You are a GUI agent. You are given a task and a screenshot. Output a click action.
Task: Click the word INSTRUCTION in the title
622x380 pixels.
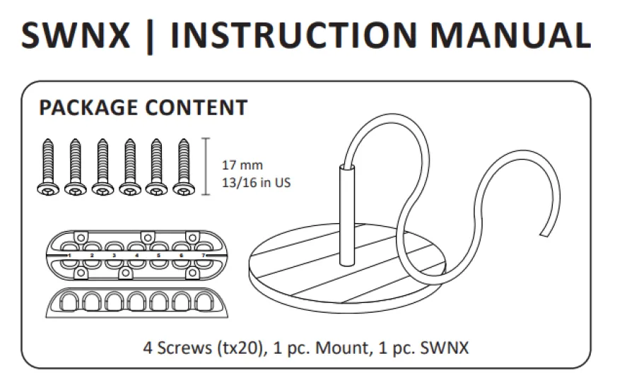click(293, 35)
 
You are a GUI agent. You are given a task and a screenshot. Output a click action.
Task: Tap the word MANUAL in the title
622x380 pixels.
click(510, 35)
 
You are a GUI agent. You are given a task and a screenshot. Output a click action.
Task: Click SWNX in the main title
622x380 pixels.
click(76, 35)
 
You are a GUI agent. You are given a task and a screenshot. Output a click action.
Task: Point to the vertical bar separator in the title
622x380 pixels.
click(150, 37)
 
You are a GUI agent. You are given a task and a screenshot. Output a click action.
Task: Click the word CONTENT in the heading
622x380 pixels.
click(196, 107)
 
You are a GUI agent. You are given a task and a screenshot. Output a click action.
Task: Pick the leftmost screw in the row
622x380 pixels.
click(48, 167)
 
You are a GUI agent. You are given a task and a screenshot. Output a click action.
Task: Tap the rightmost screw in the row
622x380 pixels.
click(184, 167)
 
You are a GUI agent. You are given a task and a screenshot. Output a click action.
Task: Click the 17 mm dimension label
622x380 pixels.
click(242, 165)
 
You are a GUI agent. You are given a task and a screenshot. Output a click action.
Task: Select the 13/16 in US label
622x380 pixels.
click(257, 183)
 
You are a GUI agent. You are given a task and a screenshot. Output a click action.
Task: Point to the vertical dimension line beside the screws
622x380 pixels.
click(206, 167)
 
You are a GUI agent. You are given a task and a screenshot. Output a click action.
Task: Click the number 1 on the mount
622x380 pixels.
click(69, 256)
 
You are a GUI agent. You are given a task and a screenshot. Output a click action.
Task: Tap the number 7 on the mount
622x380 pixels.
click(203, 256)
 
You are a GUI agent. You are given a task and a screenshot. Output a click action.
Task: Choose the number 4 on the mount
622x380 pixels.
click(136, 256)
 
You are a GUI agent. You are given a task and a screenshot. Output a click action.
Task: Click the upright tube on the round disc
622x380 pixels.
click(347, 215)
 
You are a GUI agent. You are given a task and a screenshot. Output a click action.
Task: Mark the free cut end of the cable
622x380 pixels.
click(545, 234)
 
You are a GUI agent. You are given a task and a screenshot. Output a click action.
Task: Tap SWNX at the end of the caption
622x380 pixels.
click(445, 348)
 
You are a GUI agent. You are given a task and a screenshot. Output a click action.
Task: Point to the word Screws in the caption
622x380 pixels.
click(184, 348)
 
